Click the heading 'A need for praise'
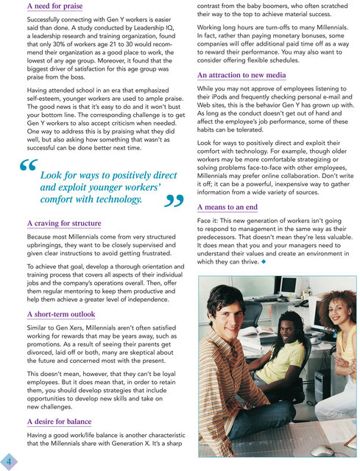click(x=54, y=7)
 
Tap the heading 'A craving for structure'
click(x=64, y=223)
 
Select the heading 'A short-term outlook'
click(x=61, y=312)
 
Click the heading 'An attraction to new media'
click(x=243, y=76)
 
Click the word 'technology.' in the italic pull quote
click(x=116, y=199)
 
